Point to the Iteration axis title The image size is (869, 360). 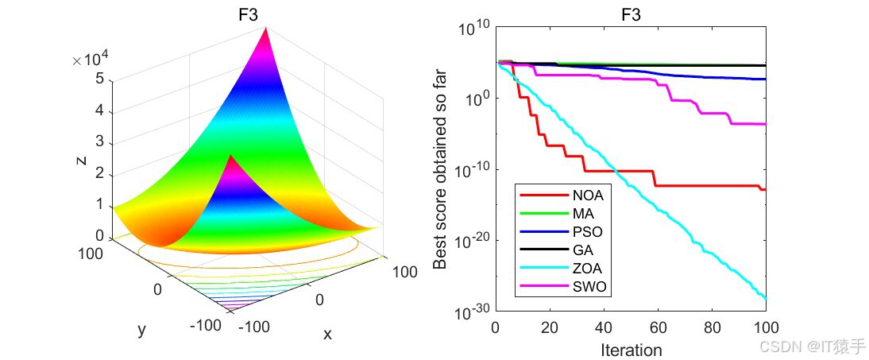(631, 349)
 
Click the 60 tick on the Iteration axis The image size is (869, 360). (658, 327)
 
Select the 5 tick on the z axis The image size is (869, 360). (99, 79)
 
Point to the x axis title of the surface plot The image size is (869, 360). (327, 335)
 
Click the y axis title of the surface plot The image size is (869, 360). (141, 329)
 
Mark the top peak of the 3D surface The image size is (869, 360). (267, 29)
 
